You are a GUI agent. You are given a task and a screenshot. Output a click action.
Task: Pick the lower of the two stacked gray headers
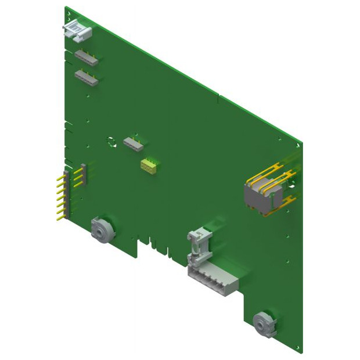[86, 77]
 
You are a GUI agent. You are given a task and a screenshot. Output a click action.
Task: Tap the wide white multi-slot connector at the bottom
[212, 282]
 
